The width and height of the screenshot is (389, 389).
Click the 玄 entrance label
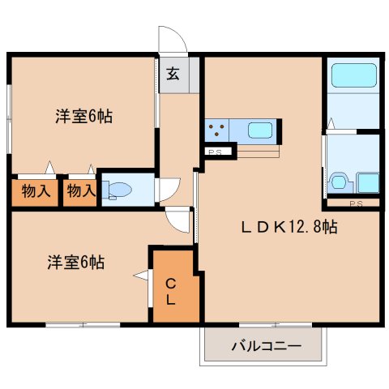[173, 75]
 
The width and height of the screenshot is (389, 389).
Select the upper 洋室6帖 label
[83, 116]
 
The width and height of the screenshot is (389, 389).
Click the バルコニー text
[265, 347]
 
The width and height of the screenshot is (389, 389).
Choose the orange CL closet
[172, 290]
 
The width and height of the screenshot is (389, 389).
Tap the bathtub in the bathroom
[353, 75]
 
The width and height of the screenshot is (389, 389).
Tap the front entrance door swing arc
[171, 39]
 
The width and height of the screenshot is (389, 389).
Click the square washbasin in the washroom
[367, 182]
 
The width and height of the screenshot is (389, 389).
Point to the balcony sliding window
[263, 325]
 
